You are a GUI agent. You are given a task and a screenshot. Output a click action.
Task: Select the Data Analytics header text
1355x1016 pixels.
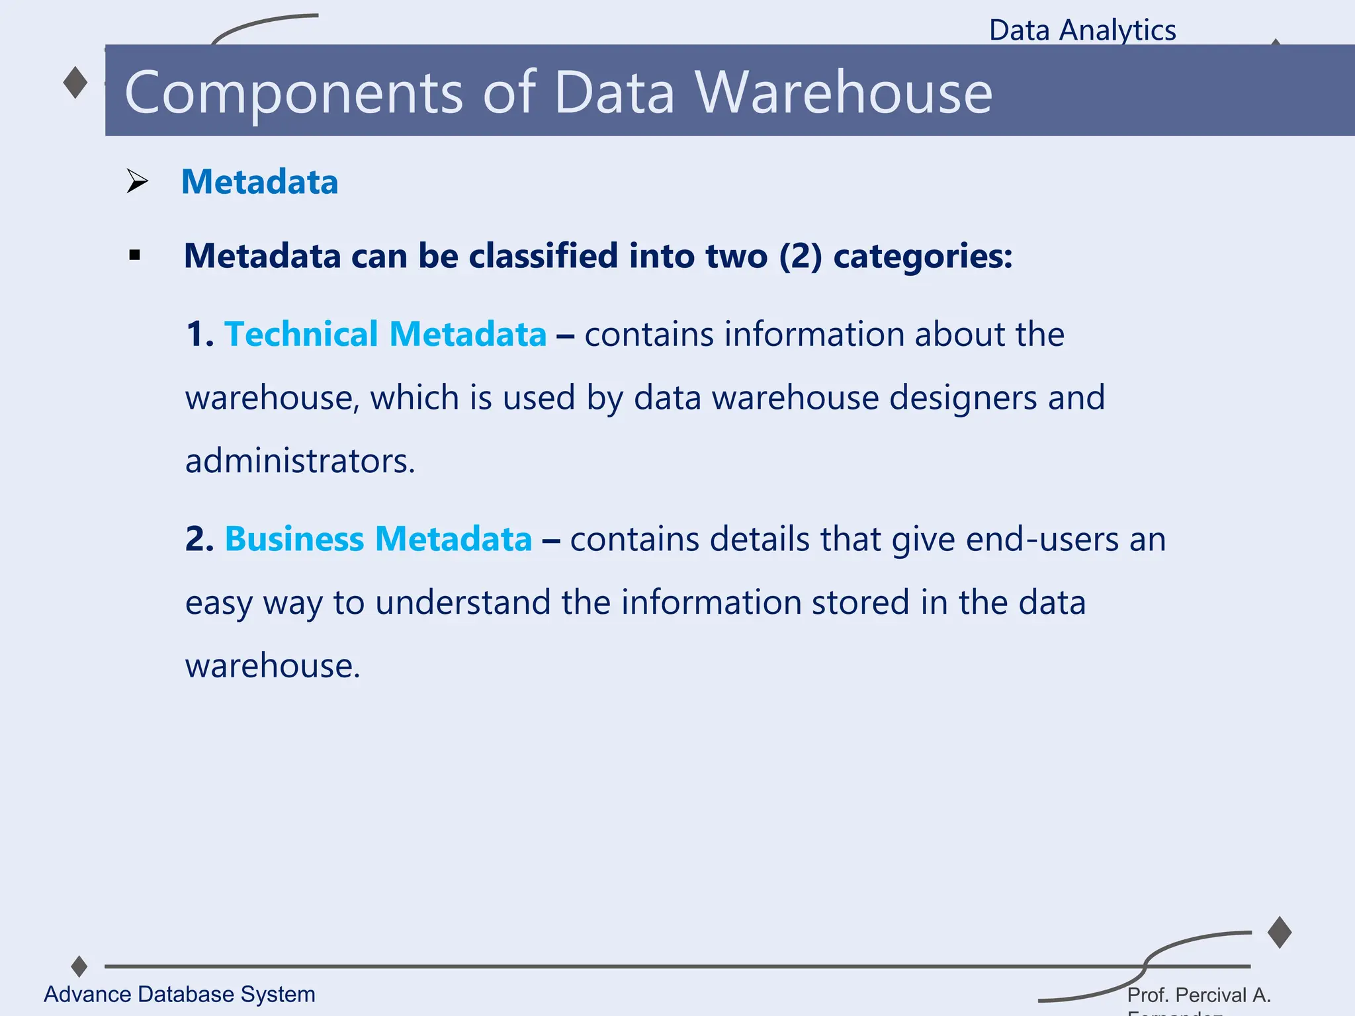click(x=1082, y=30)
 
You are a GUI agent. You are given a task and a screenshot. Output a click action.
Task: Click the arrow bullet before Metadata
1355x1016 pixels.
click(x=137, y=181)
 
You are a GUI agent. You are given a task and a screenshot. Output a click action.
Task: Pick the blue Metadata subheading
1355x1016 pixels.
click(x=259, y=182)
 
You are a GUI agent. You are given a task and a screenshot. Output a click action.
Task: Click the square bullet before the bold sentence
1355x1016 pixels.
click(x=135, y=256)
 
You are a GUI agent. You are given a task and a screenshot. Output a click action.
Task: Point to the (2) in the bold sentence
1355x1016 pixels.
click(x=801, y=256)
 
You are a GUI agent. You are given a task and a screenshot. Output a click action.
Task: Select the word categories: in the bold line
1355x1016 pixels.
click(x=923, y=256)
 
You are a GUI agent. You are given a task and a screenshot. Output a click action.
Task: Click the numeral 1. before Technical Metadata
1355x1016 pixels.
click(x=200, y=334)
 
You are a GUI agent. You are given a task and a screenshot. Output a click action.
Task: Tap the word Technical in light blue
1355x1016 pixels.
click(x=301, y=334)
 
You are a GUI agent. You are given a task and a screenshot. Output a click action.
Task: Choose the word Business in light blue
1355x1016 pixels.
click(x=294, y=539)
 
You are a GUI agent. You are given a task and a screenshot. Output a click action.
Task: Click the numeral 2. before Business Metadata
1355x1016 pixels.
click(x=200, y=539)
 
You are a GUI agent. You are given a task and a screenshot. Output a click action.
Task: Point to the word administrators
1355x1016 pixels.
click(x=300, y=461)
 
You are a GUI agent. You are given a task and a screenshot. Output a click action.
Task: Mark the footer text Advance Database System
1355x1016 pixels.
click(x=179, y=994)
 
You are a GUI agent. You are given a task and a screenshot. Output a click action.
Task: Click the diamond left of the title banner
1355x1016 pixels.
click(x=75, y=83)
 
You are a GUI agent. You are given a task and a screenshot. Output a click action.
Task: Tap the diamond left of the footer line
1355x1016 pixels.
click(x=79, y=966)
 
